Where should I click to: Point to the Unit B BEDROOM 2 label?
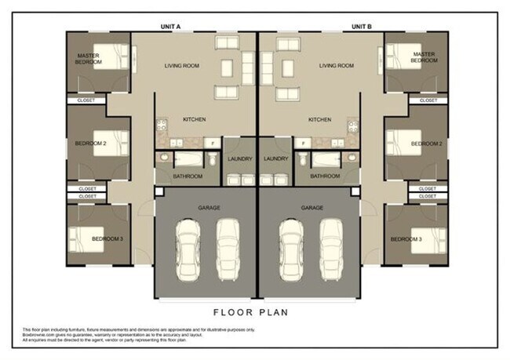[427, 144]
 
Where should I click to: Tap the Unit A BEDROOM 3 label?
[107, 238]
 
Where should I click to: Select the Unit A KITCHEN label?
[194, 119]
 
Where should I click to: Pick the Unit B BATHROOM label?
[325, 176]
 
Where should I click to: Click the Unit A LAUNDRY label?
[240, 159]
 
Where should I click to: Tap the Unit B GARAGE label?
[311, 208]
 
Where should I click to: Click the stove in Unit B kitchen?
[351, 125]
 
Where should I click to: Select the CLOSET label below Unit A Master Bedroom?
[85, 100]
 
